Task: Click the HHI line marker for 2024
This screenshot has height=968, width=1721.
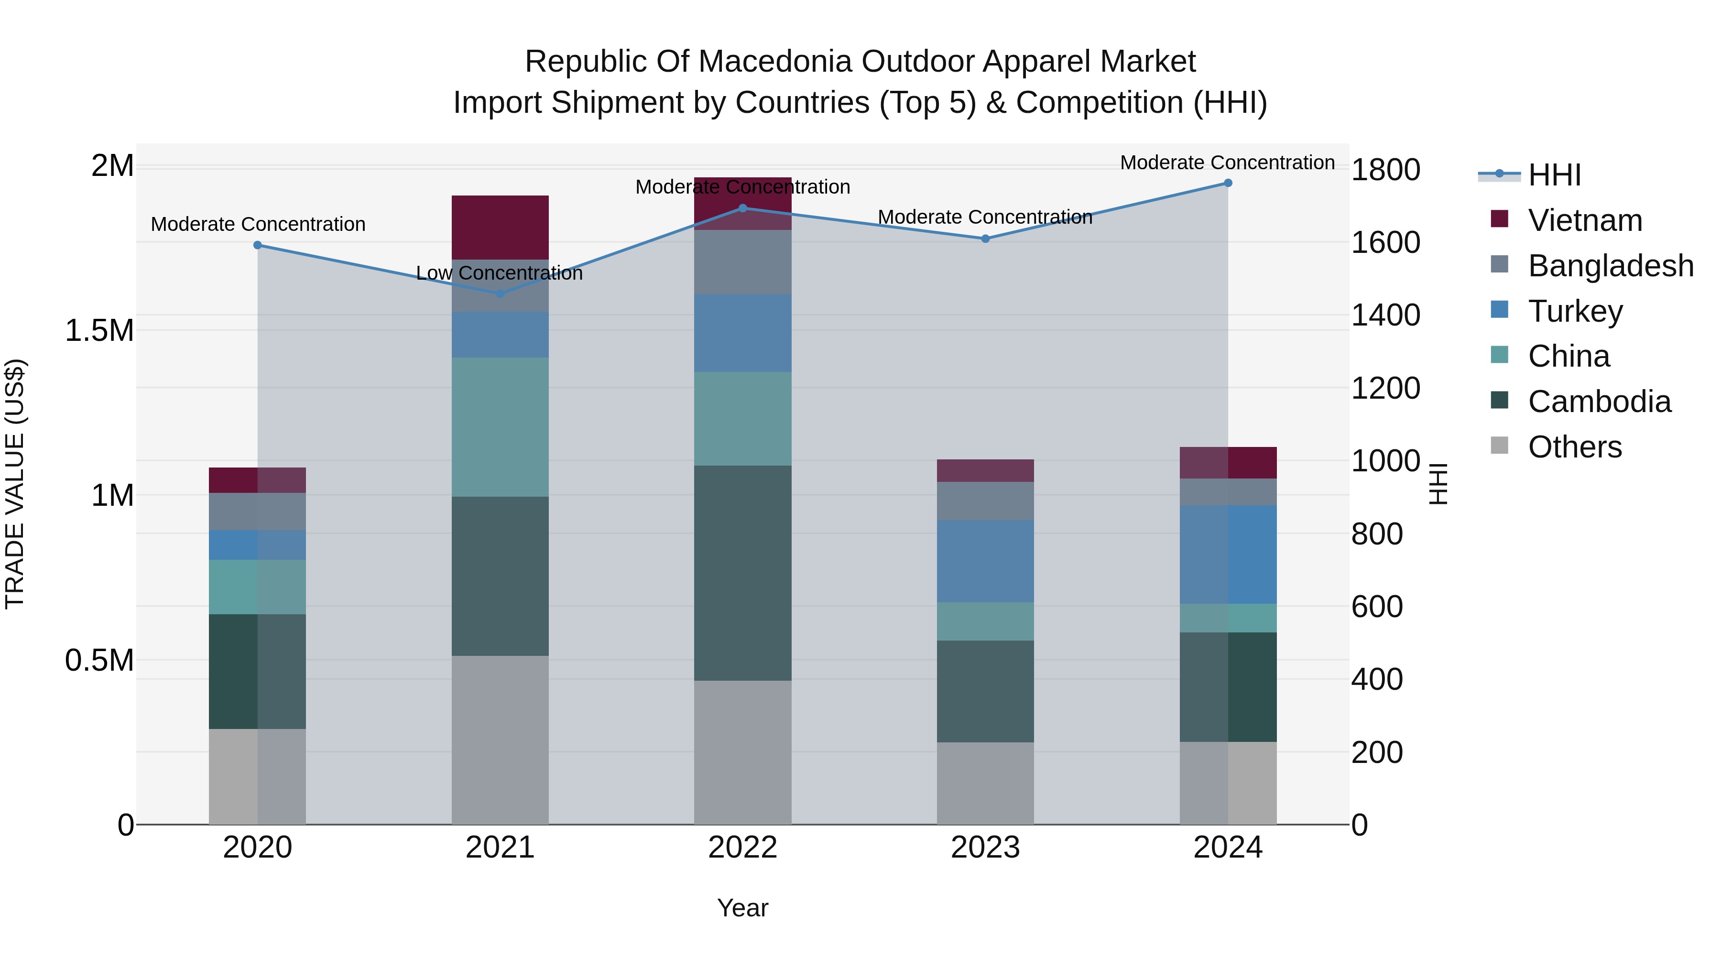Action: [1228, 183]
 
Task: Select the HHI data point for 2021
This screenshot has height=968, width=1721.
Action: [501, 294]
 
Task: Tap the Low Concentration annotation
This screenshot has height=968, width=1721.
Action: [499, 273]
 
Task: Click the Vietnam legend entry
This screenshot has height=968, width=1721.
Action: [1585, 220]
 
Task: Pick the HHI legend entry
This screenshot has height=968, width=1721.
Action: [1554, 175]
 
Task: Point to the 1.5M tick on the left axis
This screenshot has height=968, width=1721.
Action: [99, 331]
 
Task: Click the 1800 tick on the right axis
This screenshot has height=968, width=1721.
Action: [1385, 170]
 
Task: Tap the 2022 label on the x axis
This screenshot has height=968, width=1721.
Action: [742, 848]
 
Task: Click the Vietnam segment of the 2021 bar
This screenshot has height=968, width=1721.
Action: [501, 227]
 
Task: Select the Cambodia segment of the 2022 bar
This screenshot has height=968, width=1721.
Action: [742, 573]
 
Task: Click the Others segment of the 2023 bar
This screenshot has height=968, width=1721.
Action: [985, 783]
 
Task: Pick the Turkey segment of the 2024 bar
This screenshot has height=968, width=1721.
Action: [1228, 555]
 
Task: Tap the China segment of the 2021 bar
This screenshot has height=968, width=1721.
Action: [501, 427]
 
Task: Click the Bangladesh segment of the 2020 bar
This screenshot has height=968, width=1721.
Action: [257, 511]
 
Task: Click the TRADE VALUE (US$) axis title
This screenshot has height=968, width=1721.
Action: [15, 484]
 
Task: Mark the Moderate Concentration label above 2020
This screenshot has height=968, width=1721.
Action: [258, 225]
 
